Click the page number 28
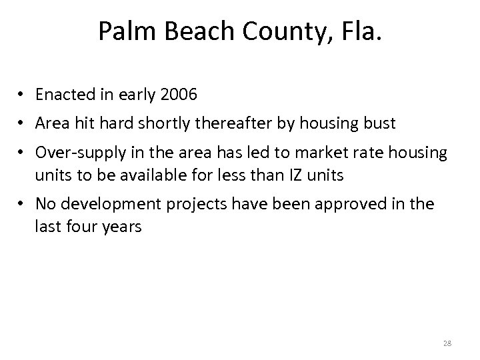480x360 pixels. pyautogui.click(x=446, y=344)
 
